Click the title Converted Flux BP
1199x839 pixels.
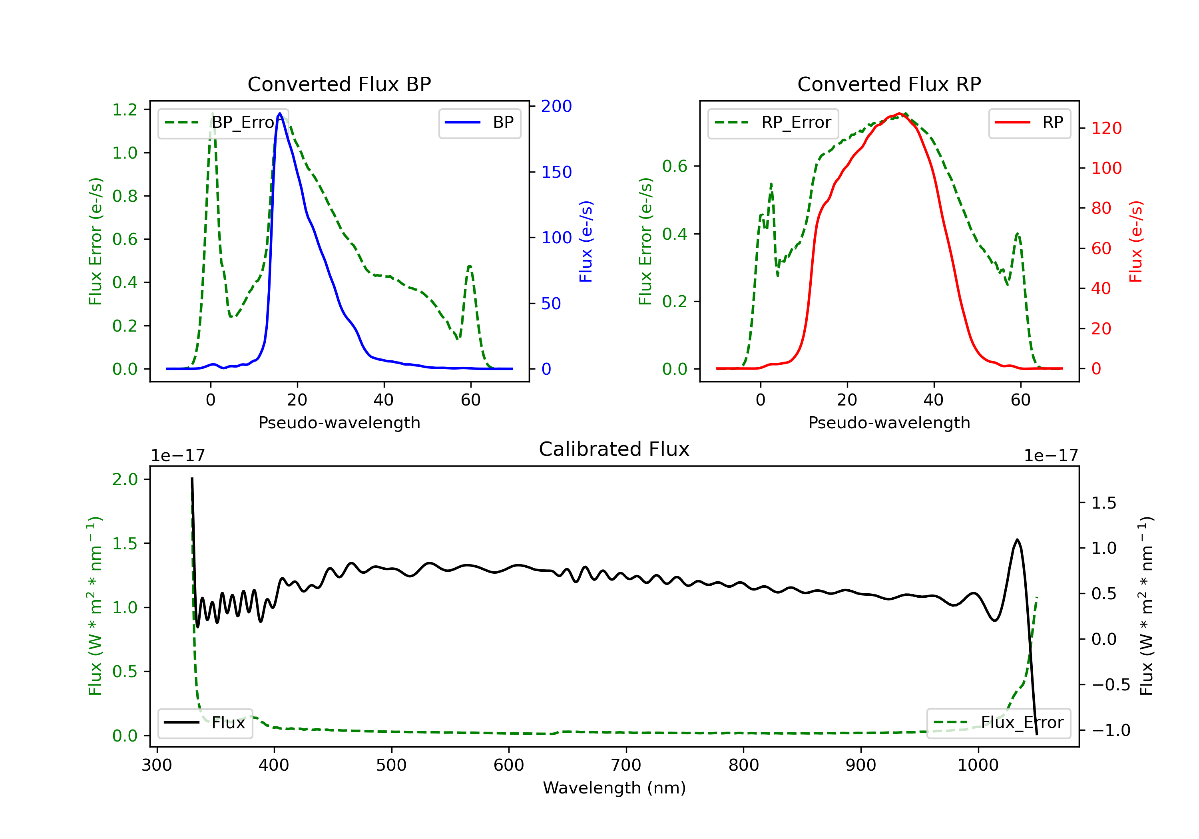point(339,84)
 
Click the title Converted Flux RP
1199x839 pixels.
point(889,84)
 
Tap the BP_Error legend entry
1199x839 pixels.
point(223,123)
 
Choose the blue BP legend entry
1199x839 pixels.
point(479,123)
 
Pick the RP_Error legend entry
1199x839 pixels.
point(773,123)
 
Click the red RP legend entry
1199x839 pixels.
point(1029,123)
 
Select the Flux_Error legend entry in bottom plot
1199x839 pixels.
point(998,723)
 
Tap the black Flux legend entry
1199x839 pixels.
point(205,723)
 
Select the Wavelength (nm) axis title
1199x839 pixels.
point(614,788)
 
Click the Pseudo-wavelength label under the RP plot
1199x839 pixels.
point(889,422)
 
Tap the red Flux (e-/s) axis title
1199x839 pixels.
point(1136,241)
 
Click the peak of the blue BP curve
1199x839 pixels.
point(280,113)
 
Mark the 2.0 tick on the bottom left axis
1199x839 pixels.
point(125,479)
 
